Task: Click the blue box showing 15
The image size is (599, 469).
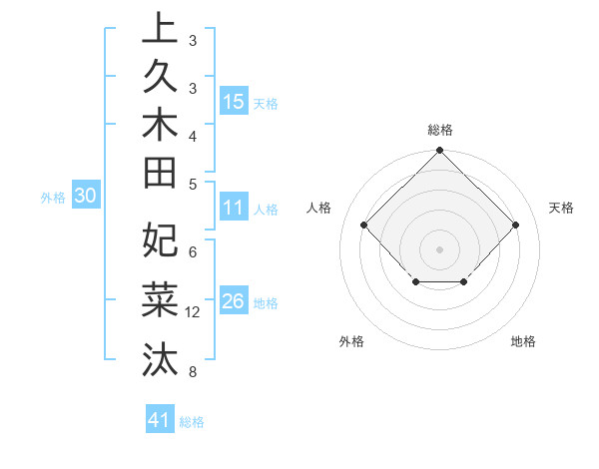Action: click(234, 101)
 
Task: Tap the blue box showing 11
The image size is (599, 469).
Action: click(234, 209)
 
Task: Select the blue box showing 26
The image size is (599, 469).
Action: click(234, 301)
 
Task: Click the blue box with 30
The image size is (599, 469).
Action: click(85, 197)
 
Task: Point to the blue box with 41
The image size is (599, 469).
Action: click(160, 420)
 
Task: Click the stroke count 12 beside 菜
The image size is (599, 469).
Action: click(194, 312)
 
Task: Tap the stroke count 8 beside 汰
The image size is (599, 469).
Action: click(192, 372)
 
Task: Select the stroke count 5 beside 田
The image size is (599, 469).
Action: click(192, 183)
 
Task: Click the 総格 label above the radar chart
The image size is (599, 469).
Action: click(439, 130)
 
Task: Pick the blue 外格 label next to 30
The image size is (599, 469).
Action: click(53, 198)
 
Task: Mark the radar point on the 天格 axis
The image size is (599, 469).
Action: click(515, 226)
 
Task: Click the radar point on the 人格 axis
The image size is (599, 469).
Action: click(364, 226)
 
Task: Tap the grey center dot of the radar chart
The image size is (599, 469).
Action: click(439, 249)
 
